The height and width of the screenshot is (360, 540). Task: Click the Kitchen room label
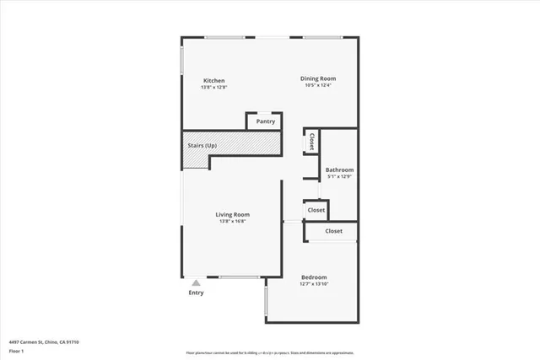pyautogui.click(x=213, y=81)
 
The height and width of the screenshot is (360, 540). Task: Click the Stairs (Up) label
pyautogui.click(x=202, y=146)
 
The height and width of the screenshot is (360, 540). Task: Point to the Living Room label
pyautogui.click(x=234, y=214)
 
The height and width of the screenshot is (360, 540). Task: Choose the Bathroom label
pyautogui.click(x=339, y=169)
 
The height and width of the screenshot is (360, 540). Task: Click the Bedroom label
pyautogui.click(x=314, y=277)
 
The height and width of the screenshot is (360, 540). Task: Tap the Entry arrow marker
pyautogui.click(x=196, y=283)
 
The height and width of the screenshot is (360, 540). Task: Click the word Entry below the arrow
pyautogui.click(x=196, y=293)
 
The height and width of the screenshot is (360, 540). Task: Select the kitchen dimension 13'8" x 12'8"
pyautogui.click(x=213, y=88)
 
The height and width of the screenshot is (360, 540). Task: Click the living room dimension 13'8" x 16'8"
pyautogui.click(x=234, y=222)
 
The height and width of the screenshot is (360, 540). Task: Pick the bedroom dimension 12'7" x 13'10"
pyautogui.click(x=314, y=284)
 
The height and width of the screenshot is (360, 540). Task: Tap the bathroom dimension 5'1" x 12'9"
pyautogui.click(x=339, y=176)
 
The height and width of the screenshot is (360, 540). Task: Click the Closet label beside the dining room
pyautogui.click(x=311, y=141)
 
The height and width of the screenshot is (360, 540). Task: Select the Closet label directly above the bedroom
pyautogui.click(x=334, y=231)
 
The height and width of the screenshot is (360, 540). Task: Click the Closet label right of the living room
pyautogui.click(x=316, y=209)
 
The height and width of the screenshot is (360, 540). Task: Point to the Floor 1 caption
pyautogui.click(x=17, y=349)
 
